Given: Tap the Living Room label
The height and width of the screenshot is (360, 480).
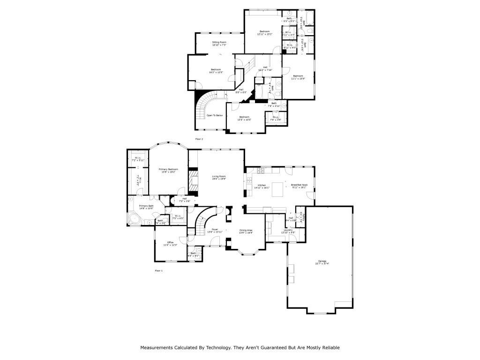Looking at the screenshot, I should point(219,177).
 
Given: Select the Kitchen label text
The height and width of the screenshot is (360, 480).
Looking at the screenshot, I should point(262,186).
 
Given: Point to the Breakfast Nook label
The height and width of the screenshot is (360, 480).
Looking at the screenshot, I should point(299,186).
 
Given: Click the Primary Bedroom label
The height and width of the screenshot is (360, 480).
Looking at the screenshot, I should point(168,169).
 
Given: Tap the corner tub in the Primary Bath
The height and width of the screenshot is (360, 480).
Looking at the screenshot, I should point(135,219).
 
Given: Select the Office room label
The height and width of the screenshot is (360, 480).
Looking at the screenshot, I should point(171,242).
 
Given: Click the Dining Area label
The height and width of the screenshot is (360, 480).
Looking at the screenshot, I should point(246,230).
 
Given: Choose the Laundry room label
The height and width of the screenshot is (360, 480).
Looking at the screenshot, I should point(288,230).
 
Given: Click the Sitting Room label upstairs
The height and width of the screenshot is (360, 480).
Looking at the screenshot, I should point(219,43).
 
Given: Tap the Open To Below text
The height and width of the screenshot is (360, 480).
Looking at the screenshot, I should point(215,115).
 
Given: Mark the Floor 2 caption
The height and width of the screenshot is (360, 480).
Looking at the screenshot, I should point(200,139).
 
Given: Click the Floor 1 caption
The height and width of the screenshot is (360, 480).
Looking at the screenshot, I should point(158,270).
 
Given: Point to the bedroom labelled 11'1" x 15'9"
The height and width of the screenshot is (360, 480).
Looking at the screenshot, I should point(298,76).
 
